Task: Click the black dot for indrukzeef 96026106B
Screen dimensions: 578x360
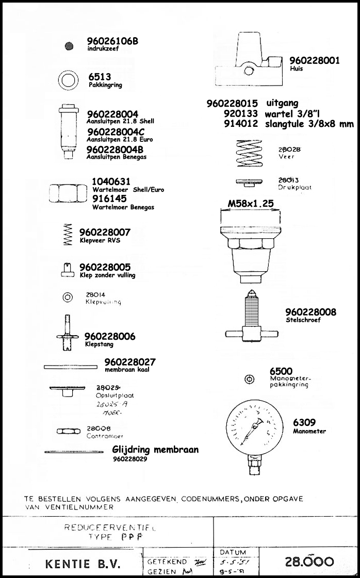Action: pos(69,46)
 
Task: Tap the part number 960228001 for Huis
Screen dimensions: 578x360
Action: pos(314,60)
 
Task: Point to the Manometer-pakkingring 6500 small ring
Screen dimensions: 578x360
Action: pos(249,379)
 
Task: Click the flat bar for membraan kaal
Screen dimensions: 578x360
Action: pos(70,367)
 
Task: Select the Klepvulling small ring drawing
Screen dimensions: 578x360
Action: pos(67,298)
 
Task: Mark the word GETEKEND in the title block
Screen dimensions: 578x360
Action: pos(163,562)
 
